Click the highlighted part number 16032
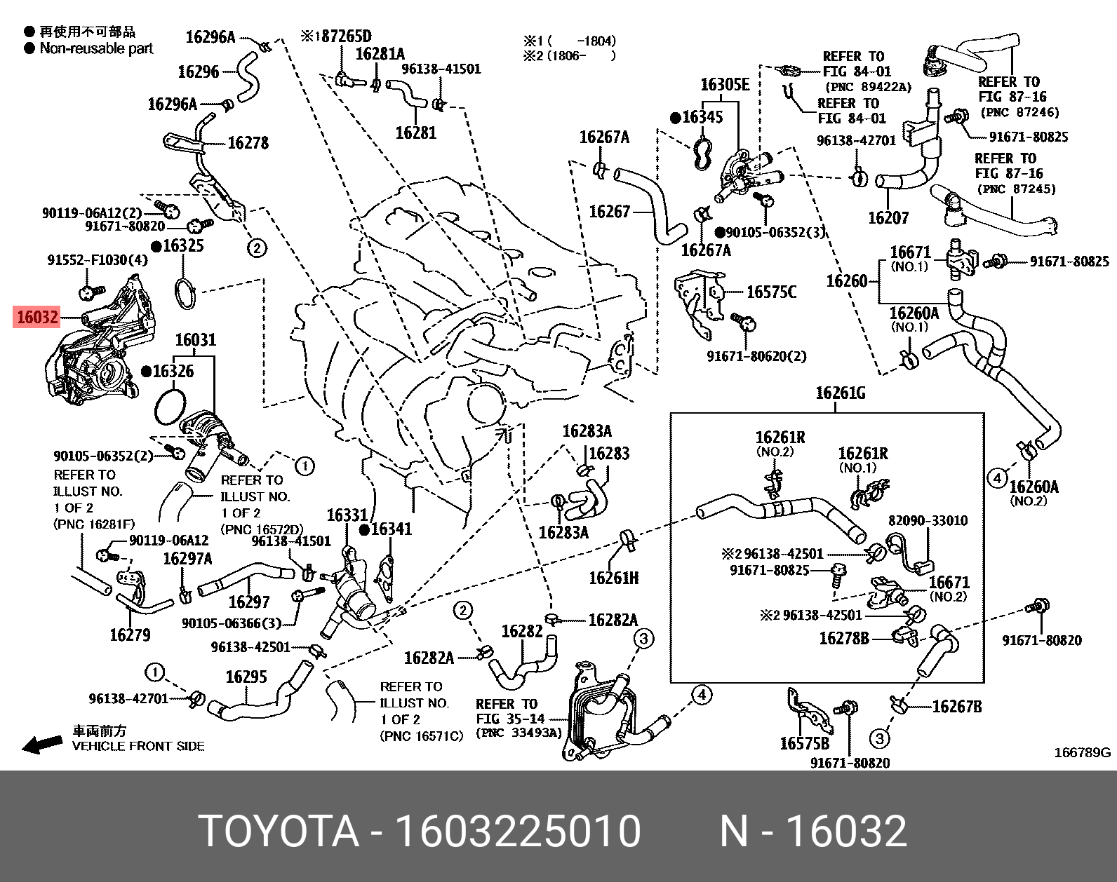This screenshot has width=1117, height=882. (x=37, y=318)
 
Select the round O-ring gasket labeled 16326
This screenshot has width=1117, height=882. (x=168, y=407)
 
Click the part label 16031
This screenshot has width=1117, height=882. (x=195, y=341)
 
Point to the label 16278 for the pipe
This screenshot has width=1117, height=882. (x=248, y=143)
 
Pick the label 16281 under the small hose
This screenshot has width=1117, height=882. (x=415, y=132)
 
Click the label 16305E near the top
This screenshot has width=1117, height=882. (x=725, y=85)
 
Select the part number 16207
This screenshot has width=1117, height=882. (x=888, y=217)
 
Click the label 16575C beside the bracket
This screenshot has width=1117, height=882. (x=771, y=292)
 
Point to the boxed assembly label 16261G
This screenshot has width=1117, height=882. (x=840, y=393)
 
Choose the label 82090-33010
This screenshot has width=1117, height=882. (x=928, y=521)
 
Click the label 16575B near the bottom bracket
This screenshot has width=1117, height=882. (x=804, y=742)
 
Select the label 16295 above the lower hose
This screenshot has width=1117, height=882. (x=246, y=677)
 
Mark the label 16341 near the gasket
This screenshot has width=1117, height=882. (x=390, y=529)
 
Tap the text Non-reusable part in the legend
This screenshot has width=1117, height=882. (x=96, y=48)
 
